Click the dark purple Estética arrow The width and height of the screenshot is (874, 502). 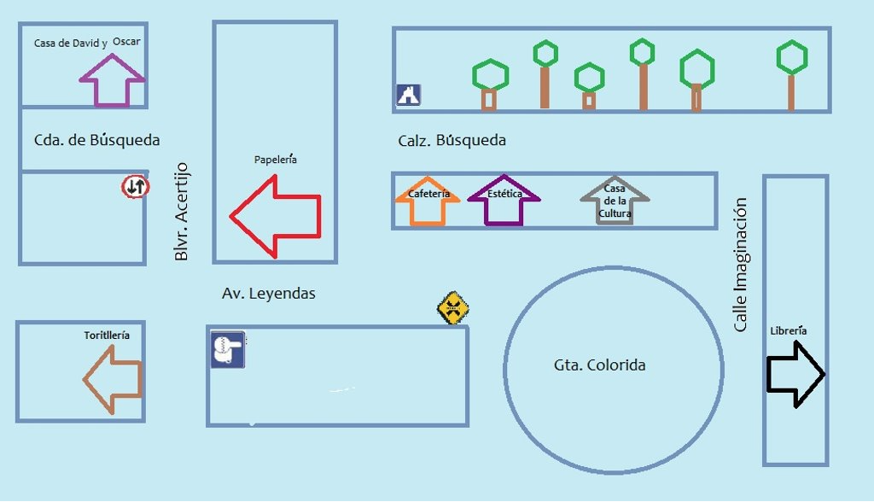[x=504, y=201]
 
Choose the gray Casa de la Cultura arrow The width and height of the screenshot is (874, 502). [x=615, y=201]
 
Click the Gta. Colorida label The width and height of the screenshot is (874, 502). [x=599, y=365]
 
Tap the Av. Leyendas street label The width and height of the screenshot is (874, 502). [x=269, y=294]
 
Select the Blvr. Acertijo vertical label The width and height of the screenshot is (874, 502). [x=181, y=212]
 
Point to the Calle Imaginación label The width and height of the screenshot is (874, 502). [x=740, y=265]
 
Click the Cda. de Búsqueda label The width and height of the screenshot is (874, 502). [x=96, y=140]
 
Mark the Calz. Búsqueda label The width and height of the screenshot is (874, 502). [x=452, y=140]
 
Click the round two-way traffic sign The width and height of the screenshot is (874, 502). [x=135, y=186]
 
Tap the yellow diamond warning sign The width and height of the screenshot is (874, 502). [x=453, y=307]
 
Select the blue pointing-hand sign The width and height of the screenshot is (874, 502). [x=228, y=350]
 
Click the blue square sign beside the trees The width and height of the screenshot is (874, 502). [x=408, y=95]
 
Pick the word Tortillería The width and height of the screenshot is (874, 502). [x=107, y=336]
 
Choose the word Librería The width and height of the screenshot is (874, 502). [x=788, y=331]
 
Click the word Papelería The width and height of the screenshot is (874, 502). [x=276, y=160]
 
